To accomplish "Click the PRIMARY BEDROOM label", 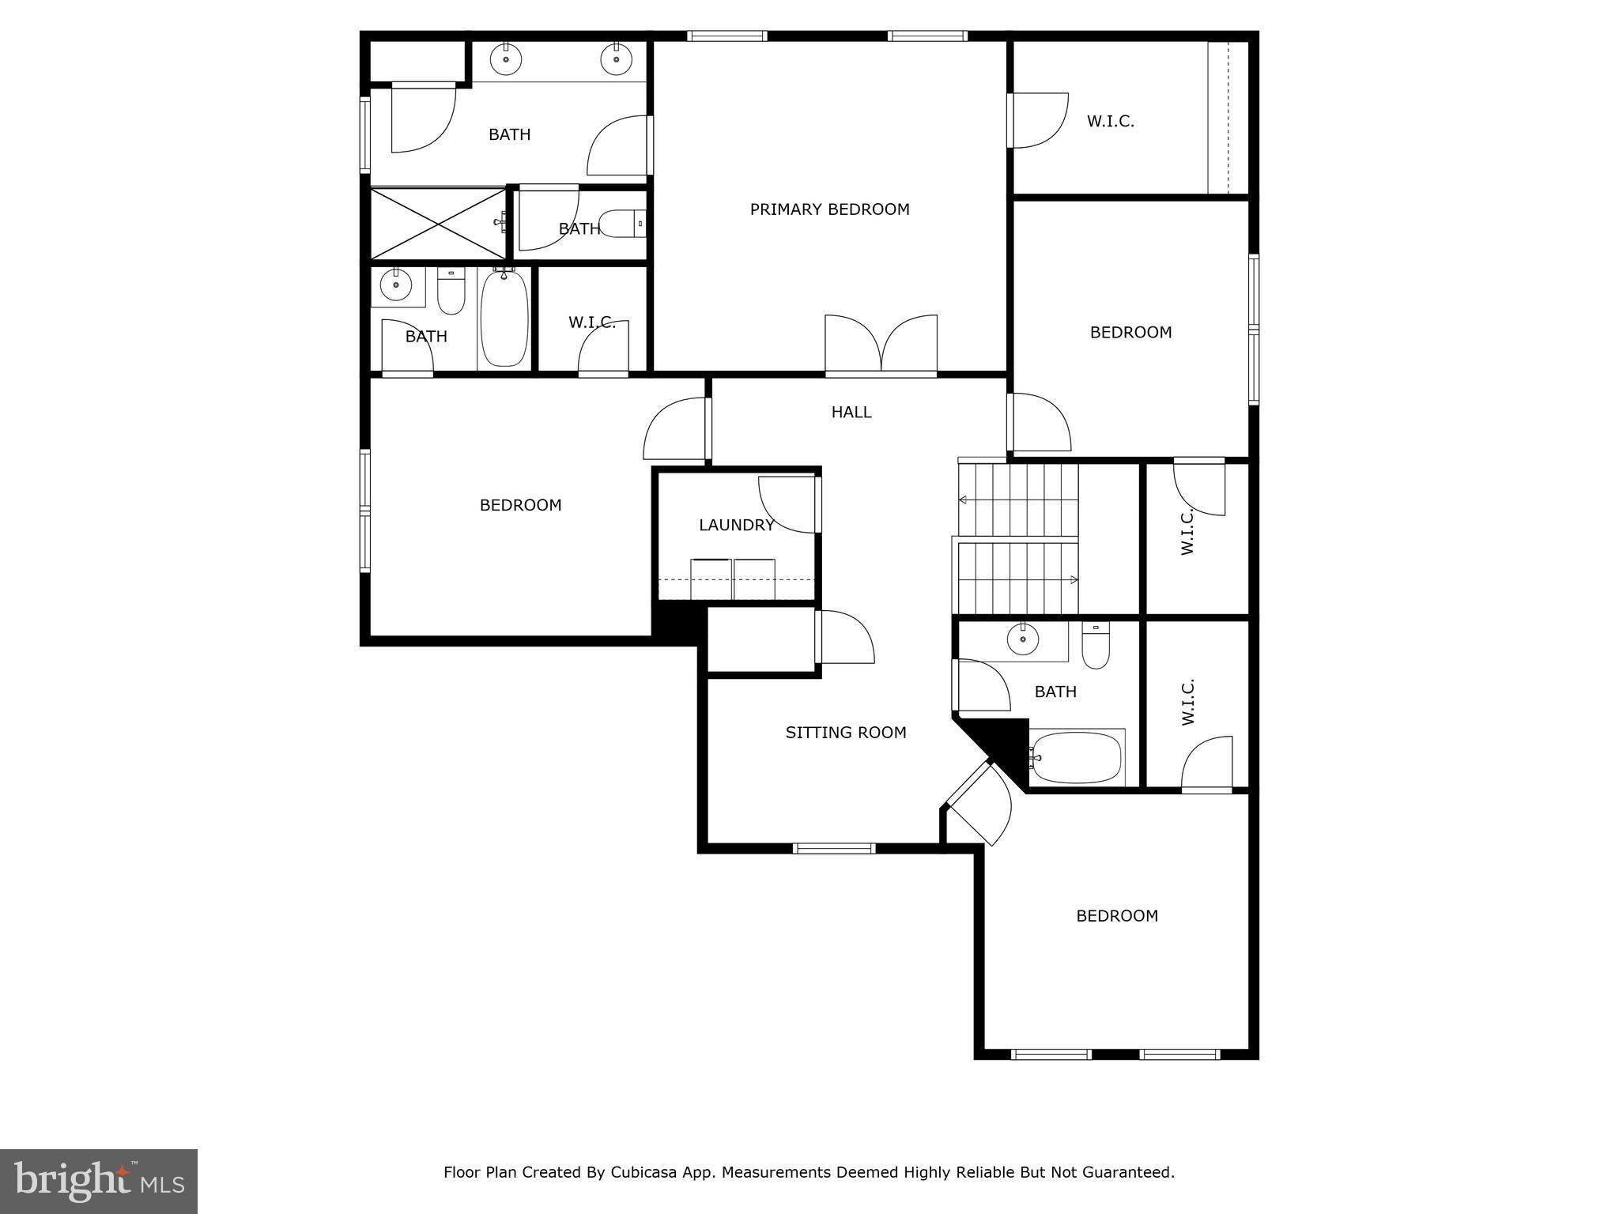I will pyautogui.click(x=829, y=209).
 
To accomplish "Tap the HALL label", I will pyautogui.click(x=851, y=412).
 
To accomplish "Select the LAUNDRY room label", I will pyautogui.click(x=736, y=525).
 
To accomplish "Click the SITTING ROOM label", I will pyautogui.click(x=845, y=733).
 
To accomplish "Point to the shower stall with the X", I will pyautogui.click(x=438, y=224).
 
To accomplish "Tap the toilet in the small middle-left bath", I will pyautogui.click(x=621, y=224).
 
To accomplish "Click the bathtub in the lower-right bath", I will pyautogui.click(x=1077, y=757).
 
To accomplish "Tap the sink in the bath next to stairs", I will pyautogui.click(x=1023, y=638).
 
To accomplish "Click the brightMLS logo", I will pyautogui.click(x=99, y=1181).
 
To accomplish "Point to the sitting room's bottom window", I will pyautogui.click(x=834, y=848).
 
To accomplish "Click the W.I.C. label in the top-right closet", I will pyautogui.click(x=1110, y=121).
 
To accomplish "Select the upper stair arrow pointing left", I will pyautogui.click(x=964, y=500).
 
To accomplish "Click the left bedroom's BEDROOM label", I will pyautogui.click(x=520, y=505).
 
